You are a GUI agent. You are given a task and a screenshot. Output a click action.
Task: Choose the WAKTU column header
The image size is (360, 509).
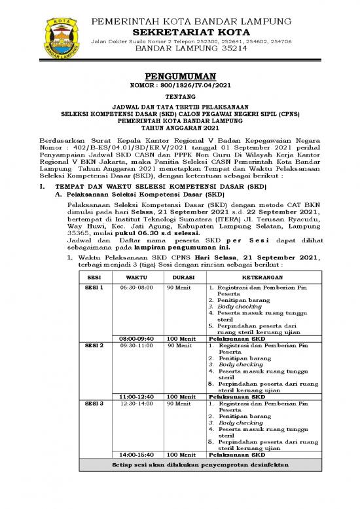point(137,277)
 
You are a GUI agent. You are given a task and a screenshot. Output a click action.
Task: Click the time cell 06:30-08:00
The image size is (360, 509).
point(137,287)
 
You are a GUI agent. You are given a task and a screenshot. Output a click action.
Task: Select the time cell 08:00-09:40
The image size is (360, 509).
point(137,338)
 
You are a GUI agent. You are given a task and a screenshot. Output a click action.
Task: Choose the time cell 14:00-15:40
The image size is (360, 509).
point(137,454)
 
